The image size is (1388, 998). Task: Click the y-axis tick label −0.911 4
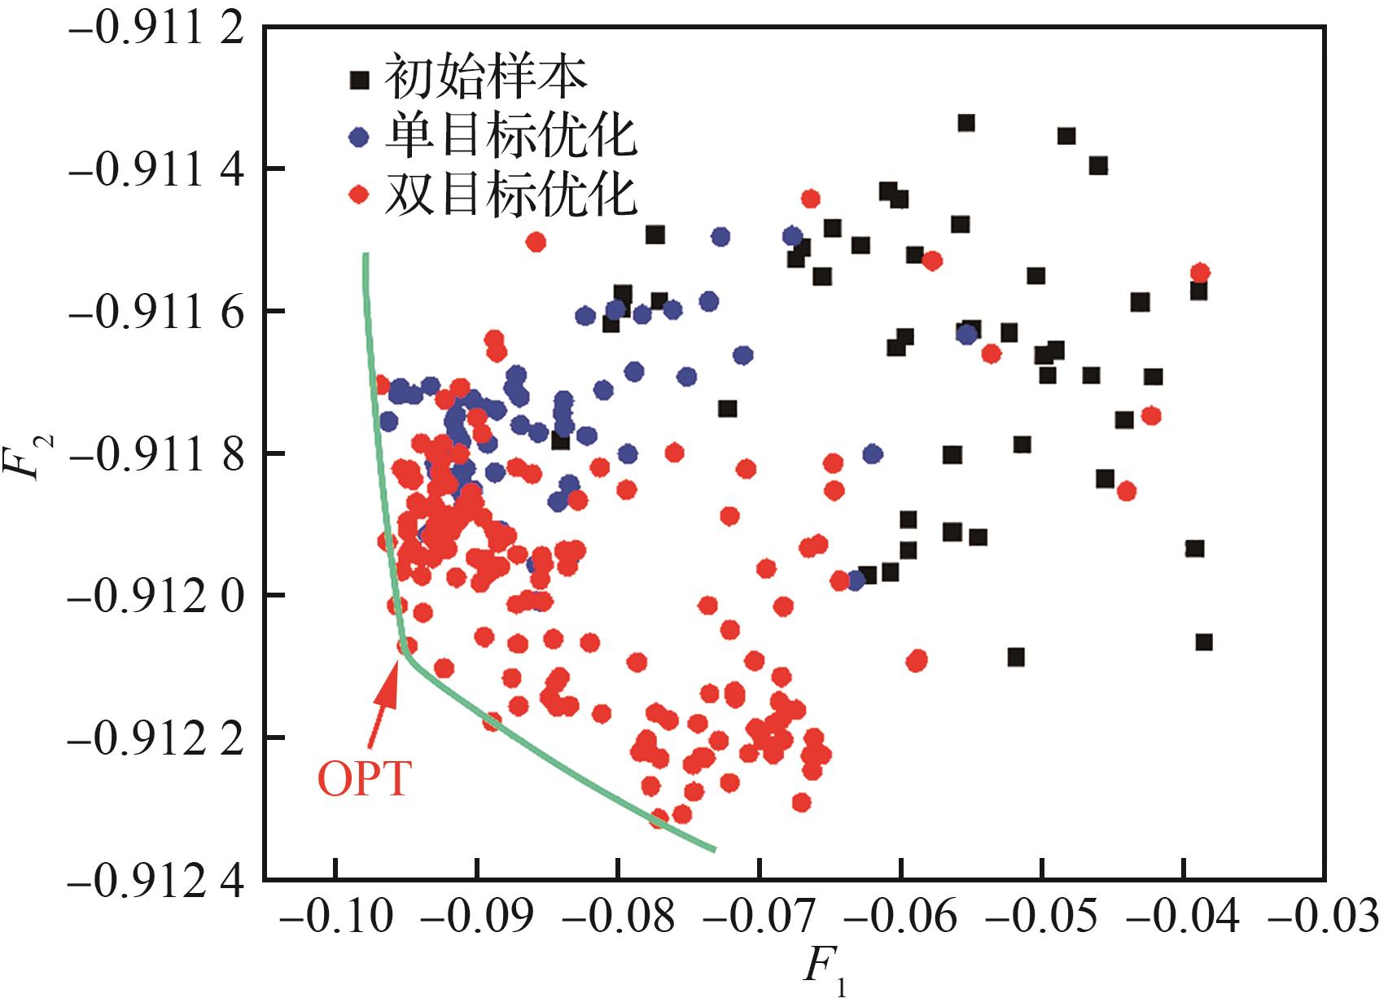point(157,171)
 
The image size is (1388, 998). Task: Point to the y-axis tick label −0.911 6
point(157,313)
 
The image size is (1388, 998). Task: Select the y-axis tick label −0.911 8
point(157,456)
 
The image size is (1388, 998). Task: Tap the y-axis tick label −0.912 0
point(157,598)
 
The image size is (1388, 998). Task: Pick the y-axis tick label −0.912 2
point(157,740)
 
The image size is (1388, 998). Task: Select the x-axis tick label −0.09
point(477,918)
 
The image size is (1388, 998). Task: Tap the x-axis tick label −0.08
point(619,918)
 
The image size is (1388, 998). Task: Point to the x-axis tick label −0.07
point(760,918)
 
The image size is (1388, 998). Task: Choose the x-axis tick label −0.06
point(901,918)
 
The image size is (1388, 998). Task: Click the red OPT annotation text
point(365,780)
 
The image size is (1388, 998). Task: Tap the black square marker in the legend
point(359,80)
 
